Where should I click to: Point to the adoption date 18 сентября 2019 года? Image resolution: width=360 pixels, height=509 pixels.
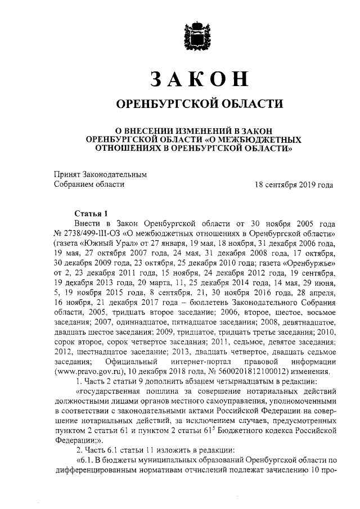tap(294, 184)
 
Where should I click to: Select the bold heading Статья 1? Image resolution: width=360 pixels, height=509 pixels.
tap(91, 213)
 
